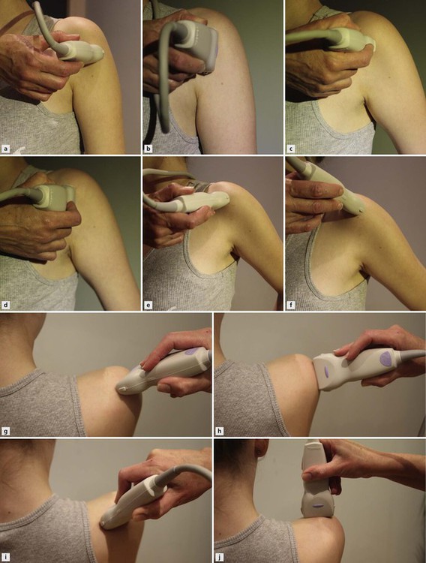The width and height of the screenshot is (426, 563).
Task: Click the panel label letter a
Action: (x=5, y=149)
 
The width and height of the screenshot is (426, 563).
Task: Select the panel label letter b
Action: (x=148, y=149)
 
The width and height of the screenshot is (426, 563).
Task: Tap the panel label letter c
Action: (x=291, y=149)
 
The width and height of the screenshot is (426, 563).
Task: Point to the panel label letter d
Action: (x=5, y=306)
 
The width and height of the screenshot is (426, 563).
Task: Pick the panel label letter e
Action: (x=148, y=306)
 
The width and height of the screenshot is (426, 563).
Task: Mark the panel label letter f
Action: (x=291, y=306)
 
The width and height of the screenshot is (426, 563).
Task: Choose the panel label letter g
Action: (x=5, y=431)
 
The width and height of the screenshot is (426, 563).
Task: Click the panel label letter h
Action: (x=220, y=431)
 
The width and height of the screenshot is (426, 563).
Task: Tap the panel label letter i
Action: (x=5, y=558)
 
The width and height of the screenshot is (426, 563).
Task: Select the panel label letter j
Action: (x=220, y=558)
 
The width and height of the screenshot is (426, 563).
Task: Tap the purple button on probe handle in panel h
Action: (x=386, y=357)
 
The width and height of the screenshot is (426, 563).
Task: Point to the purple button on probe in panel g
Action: (x=192, y=351)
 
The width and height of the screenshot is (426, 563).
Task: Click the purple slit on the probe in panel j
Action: (x=317, y=505)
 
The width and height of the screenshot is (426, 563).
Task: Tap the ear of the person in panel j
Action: (x=260, y=450)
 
